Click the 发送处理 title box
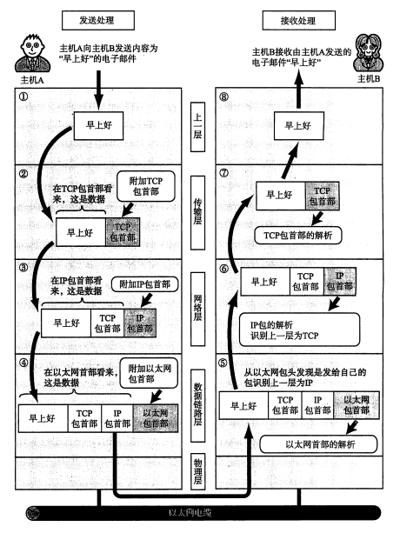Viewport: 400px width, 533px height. click(x=98, y=20)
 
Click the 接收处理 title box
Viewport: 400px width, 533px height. click(x=299, y=20)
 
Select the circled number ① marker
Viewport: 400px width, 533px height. click(x=23, y=97)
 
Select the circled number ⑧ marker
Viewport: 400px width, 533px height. click(x=224, y=97)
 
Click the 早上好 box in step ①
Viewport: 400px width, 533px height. click(x=98, y=125)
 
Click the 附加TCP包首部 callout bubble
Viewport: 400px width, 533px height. click(x=146, y=186)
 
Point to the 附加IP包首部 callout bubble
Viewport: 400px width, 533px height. click(x=144, y=284)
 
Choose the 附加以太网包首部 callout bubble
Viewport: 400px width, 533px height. click(x=149, y=373)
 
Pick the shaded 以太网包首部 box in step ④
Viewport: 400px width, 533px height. click(x=156, y=418)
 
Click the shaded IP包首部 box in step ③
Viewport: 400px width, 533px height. click(x=140, y=323)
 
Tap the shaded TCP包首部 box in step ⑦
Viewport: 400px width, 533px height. click(x=323, y=196)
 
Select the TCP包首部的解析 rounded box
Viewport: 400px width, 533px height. click(x=298, y=236)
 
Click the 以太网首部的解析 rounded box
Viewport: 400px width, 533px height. click(x=318, y=444)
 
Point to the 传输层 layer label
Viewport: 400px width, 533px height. click(x=197, y=212)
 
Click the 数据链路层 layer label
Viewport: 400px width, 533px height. click(x=197, y=405)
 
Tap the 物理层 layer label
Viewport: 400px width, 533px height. click(x=197, y=471)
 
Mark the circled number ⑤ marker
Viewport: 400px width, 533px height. click(x=223, y=363)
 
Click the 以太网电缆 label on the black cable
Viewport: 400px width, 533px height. click(x=190, y=513)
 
